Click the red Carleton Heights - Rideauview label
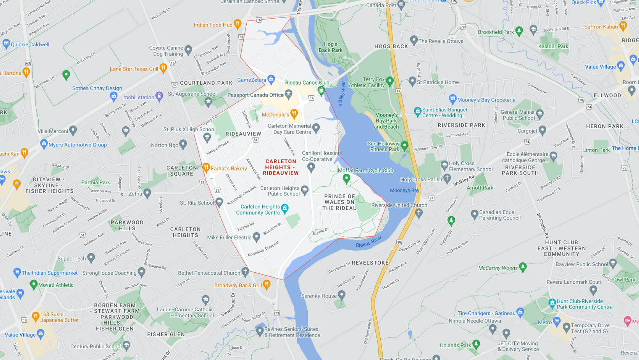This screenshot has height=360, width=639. [281, 167]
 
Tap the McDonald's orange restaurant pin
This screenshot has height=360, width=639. [294, 114]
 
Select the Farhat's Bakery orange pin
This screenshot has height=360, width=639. [206, 168]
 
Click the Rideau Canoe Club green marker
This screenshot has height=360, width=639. [321, 90]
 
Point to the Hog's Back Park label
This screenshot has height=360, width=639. [330, 47]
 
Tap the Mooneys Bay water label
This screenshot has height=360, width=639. [404, 191]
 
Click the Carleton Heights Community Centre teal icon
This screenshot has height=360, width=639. [285, 208]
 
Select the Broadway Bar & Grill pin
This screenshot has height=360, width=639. [267, 284]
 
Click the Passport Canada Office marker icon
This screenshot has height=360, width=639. [288, 94]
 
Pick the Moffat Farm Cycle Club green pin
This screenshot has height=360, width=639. [346, 178]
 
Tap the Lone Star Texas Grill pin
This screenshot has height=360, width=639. [163, 68]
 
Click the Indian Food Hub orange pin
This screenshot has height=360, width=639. [237, 24]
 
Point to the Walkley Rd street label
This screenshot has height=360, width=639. [463, 180]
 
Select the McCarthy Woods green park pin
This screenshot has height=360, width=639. [523, 267]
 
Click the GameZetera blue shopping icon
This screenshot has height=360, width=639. [271, 79]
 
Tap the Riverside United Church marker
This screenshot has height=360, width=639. [419, 213]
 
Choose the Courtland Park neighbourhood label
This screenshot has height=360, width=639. [206, 83]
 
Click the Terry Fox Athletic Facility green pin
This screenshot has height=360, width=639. [390, 81]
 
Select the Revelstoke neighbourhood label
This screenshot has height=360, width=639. [370, 263]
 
